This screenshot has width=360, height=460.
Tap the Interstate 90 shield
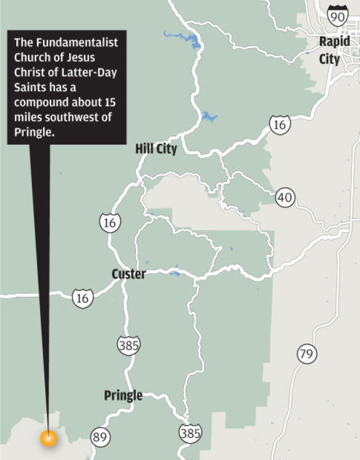[337, 16]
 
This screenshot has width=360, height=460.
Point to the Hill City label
[156, 149]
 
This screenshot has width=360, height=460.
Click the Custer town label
[128, 274]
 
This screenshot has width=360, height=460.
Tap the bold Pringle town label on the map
[123, 396]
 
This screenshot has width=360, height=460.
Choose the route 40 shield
[285, 197]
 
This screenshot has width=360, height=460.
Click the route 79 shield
[306, 353]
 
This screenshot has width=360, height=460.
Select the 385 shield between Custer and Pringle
[128, 345]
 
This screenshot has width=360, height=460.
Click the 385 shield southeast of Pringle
[190, 432]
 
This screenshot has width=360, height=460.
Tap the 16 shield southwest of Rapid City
[279, 124]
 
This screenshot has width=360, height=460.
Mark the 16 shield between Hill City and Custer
[110, 222]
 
